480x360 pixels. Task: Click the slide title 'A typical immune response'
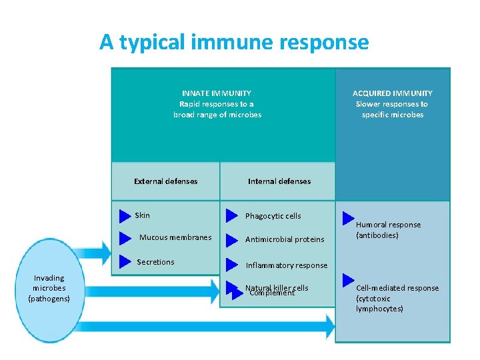[234, 42]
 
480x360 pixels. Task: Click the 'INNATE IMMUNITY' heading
[217, 93]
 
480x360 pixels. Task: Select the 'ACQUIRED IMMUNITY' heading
[392, 93]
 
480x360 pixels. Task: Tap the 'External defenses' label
[165, 181]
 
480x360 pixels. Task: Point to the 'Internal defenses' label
[279, 181]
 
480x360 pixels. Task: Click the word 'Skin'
[143, 215]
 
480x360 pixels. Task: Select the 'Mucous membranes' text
[175, 237]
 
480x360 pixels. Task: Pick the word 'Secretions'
[155, 262]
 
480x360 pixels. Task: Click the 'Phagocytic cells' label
[273, 216]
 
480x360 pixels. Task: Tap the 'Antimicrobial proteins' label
[285, 239]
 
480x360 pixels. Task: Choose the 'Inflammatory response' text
[287, 265]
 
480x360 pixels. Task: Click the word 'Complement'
[272, 293]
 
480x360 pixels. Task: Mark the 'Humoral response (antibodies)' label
[388, 230]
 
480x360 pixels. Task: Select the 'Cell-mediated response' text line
[397, 288]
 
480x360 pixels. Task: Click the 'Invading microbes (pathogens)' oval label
[49, 288]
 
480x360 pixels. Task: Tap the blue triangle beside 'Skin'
[125, 216]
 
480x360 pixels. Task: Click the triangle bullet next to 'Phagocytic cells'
[231, 216]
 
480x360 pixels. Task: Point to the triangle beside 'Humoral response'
[348, 219]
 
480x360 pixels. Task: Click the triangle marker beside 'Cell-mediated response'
[348, 279]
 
